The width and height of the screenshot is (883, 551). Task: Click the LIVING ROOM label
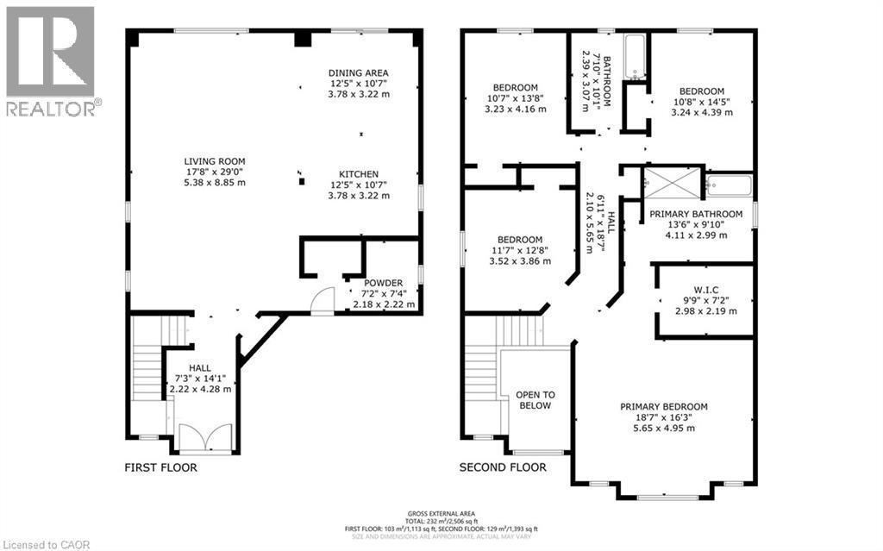pos(215,161)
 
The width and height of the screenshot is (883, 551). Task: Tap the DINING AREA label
pos(358,72)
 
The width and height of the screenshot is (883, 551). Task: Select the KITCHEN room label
pos(358,174)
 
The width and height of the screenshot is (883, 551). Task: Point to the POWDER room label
pos(382,283)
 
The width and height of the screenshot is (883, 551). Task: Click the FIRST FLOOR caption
pos(160,467)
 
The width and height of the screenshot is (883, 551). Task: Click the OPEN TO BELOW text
pos(535,400)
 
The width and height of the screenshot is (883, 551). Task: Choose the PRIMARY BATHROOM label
pos(696,214)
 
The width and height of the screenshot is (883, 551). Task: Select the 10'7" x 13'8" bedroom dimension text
pos(516,99)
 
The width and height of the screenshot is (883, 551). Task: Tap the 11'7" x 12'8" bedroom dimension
pos(519,251)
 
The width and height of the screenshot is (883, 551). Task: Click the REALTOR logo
pos(50,60)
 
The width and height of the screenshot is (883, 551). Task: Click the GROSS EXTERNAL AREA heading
pos(441,512)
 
